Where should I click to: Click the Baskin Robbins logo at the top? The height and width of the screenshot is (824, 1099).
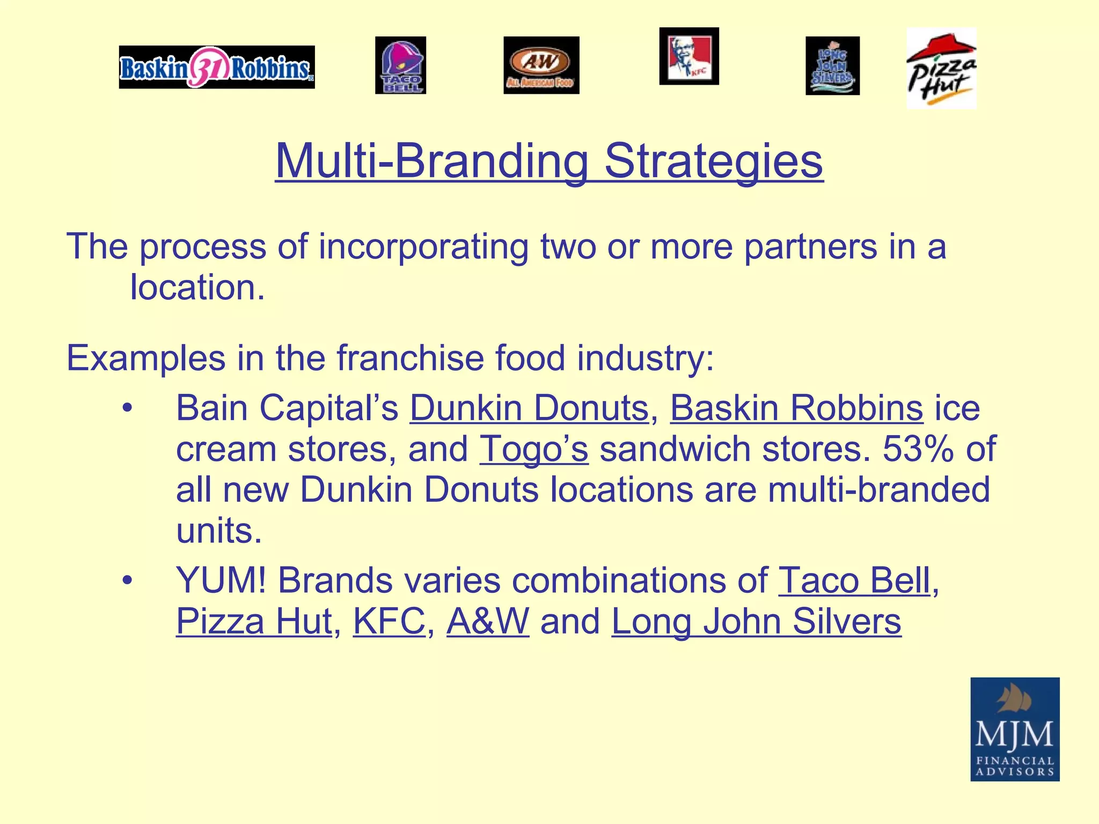point(217,67)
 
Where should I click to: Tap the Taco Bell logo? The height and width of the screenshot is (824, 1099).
point(400,65)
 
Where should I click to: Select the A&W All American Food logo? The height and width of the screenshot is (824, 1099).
point(541,65)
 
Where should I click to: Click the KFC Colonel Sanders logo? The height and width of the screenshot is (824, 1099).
point(689,56)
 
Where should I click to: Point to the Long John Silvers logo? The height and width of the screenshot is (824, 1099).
point(832,66)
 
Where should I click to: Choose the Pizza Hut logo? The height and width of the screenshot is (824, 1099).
point(941,68)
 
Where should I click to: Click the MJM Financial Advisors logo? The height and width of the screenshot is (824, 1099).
point(1014,729)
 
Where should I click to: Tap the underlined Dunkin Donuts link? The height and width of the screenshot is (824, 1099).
point(529,408)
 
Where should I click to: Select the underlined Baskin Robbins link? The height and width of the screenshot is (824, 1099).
point(796,408)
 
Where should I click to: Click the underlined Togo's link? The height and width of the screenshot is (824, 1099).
point(534,449)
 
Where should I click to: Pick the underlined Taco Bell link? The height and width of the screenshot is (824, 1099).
point(854,580)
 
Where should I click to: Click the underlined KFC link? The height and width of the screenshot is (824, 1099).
point(389,621)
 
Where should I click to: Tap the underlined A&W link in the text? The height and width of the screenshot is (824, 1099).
point(487,621)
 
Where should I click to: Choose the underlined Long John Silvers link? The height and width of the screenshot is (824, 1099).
point(756,621)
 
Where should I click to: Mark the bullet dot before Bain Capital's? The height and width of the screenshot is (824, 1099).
point(127,408)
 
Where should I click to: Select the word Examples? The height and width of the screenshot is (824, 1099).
point(145,358)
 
